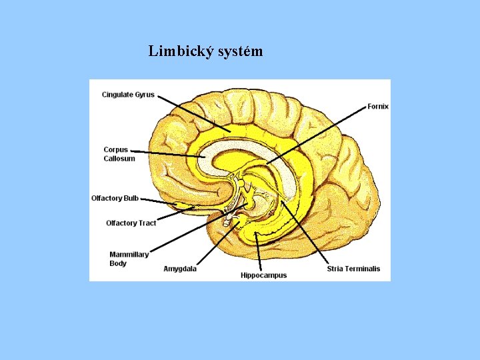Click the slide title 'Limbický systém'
[205, 51]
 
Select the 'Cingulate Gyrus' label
[128, 95]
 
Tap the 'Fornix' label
[378, 106]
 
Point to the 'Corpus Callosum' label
[119, 154]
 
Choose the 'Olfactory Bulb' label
[115, 198]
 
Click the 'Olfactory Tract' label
[131, 223]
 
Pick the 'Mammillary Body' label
[129, 259]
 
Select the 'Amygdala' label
[180, 269]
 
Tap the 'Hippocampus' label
[263, 275]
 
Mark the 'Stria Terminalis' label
[353, 269]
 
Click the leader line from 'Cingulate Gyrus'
[193, 113]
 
